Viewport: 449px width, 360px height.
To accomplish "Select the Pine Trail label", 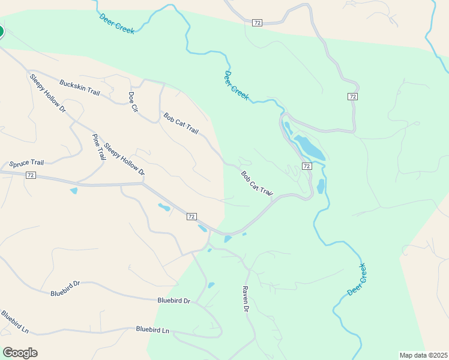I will tap(98, 147).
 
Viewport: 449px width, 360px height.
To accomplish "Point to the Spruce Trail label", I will tap(26, 163).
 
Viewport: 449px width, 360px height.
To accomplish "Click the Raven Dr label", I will tap(246, 298).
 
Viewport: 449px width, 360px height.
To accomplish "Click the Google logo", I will tap(20, 353).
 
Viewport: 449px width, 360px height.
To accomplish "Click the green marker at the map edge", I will tap(1, 31).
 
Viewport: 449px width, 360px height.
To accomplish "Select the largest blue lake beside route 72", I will tap(309, 148).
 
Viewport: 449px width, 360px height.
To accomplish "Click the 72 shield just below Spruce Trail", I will tap(31, 175).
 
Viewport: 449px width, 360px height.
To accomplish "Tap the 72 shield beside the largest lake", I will tap(306, 166).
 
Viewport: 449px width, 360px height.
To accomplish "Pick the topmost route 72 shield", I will tap(257, 23).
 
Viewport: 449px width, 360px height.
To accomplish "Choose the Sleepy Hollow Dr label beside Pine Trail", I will tap(124, 159).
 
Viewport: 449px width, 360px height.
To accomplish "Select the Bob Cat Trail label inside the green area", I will tap(257, 184).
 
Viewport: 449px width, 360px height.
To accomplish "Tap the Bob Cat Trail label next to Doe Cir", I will tap(180, 122).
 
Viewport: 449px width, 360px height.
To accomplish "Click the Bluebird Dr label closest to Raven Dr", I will tap(174, 301).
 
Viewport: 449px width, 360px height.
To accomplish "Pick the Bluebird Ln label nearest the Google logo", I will tap(14, 322).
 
